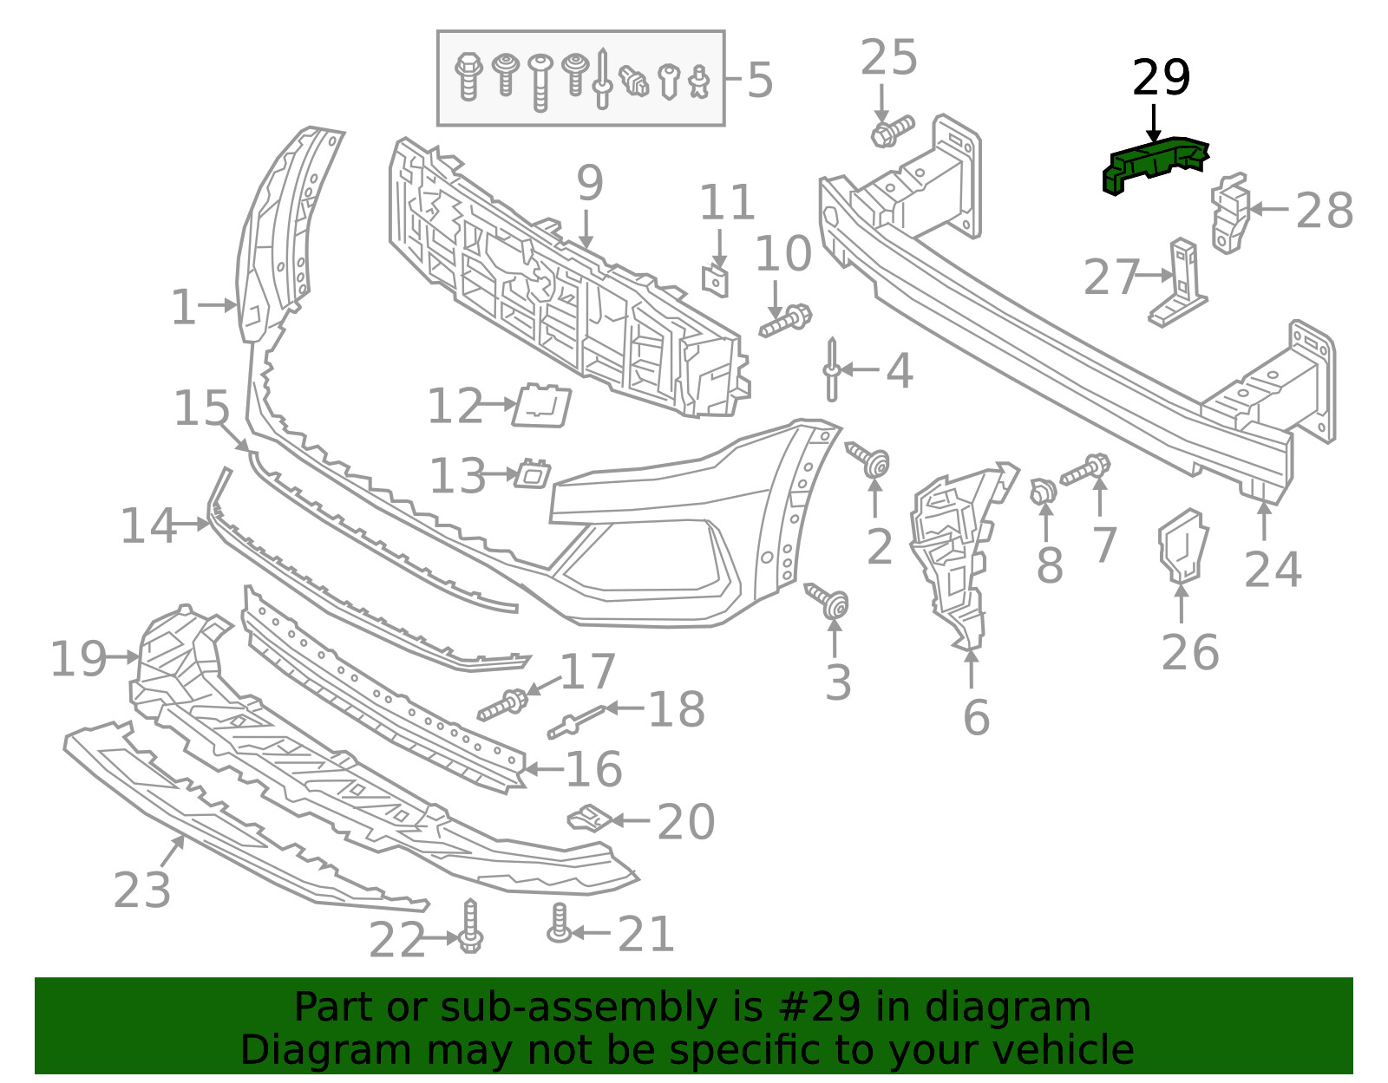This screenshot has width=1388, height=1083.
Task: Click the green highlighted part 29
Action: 1153,164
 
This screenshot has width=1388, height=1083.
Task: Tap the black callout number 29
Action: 1162,78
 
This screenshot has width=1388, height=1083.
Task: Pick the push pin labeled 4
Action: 832,369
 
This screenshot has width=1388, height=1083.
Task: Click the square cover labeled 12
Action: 541,405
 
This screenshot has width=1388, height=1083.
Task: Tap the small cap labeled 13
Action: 533,473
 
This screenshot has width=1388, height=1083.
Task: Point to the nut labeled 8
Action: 1043,491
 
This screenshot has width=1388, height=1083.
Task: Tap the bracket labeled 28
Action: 1229,212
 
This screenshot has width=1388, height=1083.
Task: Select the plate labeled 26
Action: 1182,545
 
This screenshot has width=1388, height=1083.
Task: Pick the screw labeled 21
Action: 559,923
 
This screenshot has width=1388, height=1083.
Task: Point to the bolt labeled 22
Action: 471,925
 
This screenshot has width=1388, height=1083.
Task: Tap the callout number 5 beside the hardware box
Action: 760,81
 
